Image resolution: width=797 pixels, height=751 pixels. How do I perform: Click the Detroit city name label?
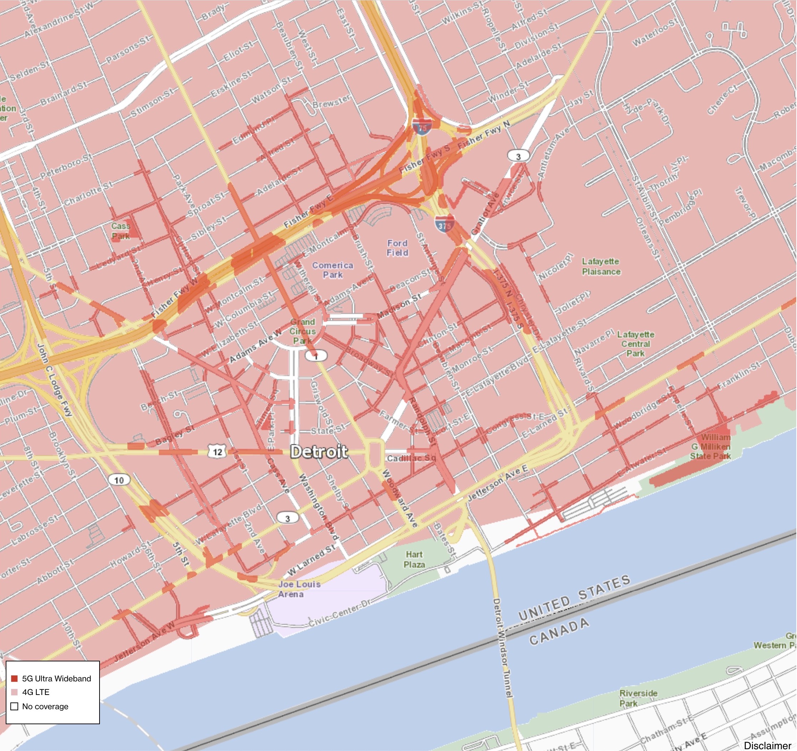319,452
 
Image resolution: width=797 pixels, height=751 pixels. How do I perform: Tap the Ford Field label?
397,248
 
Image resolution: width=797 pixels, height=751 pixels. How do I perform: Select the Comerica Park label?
332,270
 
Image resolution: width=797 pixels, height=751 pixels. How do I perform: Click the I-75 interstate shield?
422,127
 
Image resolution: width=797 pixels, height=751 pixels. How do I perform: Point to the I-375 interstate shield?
445,226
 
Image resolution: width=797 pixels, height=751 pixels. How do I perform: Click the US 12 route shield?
217,452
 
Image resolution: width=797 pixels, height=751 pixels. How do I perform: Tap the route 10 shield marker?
119,480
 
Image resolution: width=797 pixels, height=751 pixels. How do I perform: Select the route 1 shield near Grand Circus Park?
316,356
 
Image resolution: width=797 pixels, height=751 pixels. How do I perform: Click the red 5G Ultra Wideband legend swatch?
14,679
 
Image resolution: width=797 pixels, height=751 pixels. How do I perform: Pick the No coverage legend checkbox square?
14,706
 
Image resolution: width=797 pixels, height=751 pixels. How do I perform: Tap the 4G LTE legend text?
36,692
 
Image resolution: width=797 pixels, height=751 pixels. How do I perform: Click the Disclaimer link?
767,745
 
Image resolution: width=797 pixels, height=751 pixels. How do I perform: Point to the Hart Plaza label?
414,559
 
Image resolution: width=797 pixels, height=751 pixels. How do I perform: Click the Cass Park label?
120,231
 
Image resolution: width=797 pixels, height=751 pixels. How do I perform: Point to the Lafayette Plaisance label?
601,266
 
